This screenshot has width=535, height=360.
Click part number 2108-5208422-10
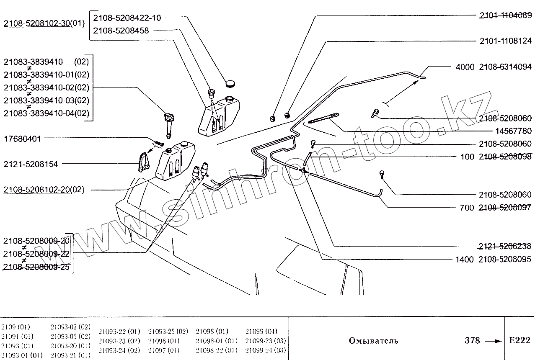tap(127, 18)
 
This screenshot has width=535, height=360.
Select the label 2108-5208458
tap(121, 31)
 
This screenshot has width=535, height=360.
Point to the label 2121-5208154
tap(31, 164)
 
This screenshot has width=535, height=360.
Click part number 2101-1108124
tap(505, 41)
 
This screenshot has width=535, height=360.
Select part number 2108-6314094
tap(505, 67)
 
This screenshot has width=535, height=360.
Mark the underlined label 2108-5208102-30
tap(36, 23)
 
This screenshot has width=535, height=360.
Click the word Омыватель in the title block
tap(373, 341)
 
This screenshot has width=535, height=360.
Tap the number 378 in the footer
tap(472, 340)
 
